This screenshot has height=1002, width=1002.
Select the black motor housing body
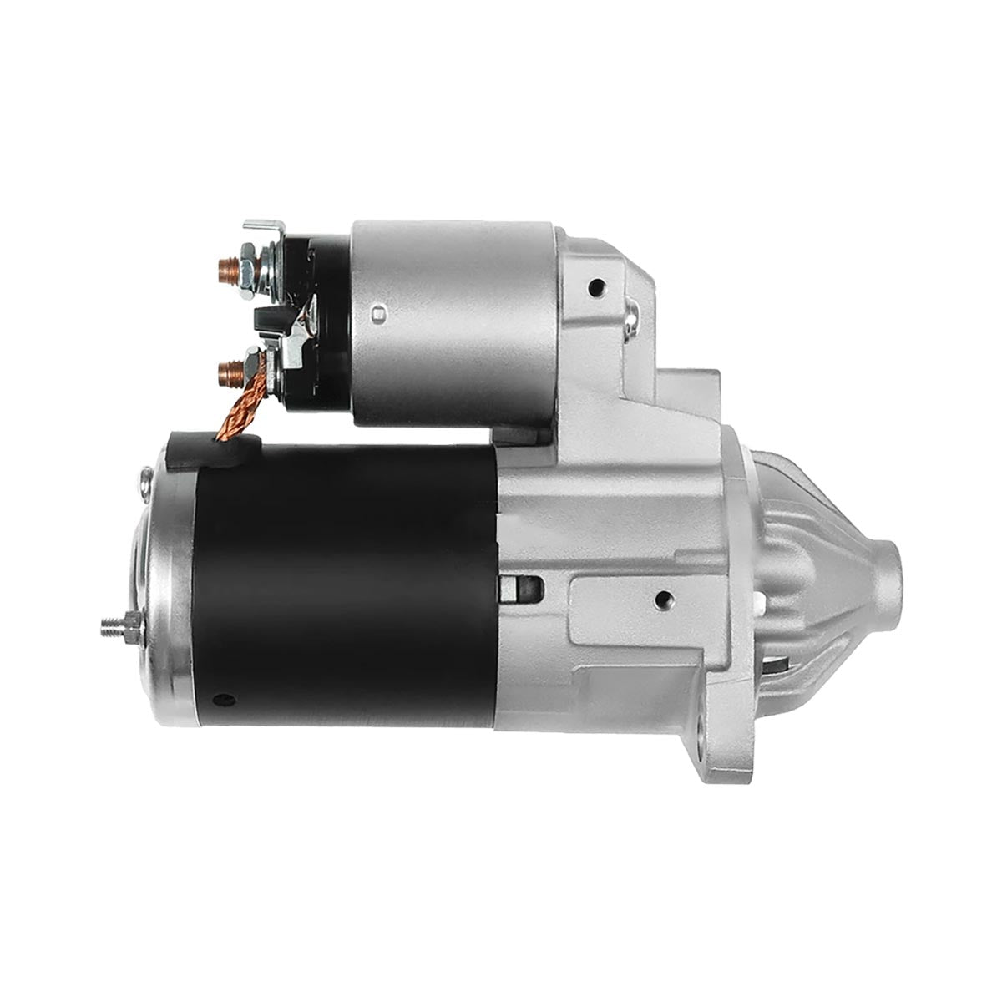coord(351,584)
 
